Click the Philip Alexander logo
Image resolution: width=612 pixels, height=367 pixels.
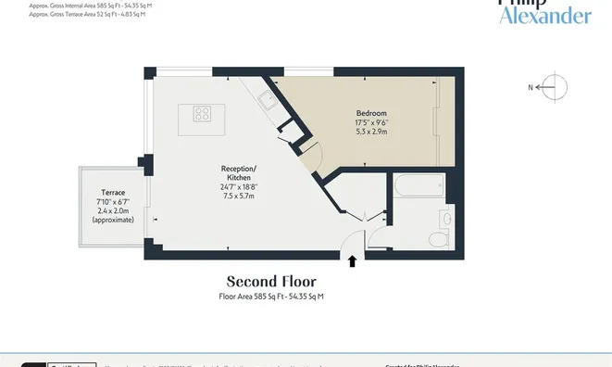coord(543,11)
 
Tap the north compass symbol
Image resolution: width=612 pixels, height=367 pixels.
coord(548,87)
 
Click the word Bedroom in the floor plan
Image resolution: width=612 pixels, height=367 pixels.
coord(370,112)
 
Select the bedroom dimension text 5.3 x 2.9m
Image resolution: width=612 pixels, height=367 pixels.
coord(370,132)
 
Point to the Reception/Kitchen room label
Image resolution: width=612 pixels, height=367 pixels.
coord(239,173)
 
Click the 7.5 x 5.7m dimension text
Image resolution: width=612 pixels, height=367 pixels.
coord(239,196)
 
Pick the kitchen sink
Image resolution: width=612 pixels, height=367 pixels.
coord(265,101)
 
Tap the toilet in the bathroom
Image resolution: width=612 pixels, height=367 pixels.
coord(438,239)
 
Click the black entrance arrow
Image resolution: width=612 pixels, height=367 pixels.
coord(353,261)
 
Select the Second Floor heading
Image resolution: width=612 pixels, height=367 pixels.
coord(271,281)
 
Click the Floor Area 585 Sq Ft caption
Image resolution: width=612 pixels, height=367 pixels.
coord(271,296)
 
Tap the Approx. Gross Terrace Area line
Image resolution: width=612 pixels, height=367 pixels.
coord(89,15)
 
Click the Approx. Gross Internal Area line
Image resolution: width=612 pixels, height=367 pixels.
coord(91,6)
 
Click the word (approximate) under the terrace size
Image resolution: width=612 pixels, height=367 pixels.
coord(113,220)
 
